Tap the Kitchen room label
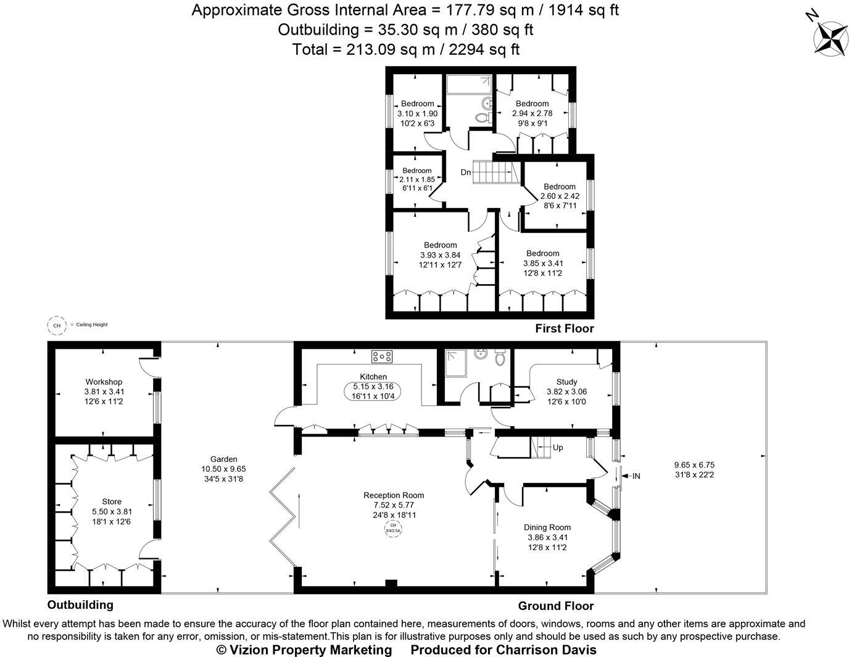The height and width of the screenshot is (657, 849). coord(373,377)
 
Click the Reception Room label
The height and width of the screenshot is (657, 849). coord(394,495)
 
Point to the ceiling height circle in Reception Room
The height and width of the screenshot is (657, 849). coord(393,529)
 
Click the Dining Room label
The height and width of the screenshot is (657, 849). coord(547,527)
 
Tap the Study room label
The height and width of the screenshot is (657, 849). coord(566,382)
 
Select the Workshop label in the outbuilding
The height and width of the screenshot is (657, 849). coord(104,382)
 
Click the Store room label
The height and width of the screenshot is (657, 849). coord(112,501)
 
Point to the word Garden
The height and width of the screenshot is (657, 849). coord(223,459)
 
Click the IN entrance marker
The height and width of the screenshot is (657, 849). coord(636,476)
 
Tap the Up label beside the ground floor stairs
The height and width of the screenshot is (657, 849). coord(558,448)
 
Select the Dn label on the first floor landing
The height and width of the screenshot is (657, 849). coord(466,172)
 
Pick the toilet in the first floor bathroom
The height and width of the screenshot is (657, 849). coord(481,117)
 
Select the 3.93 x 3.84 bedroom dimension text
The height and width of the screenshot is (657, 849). coord(440,255)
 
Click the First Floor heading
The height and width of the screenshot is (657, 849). coord(564,328)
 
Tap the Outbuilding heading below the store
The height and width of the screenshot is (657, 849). coord(80,605)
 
